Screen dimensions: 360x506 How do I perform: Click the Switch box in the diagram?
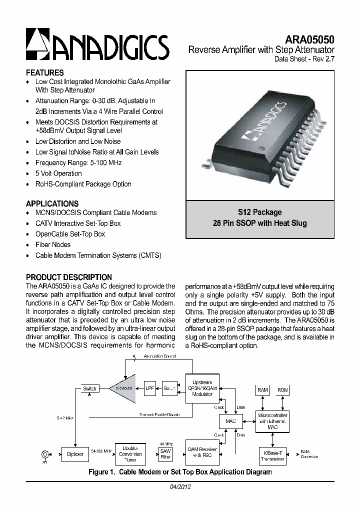(90, 388)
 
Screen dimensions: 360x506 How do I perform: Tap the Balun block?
(170, 388)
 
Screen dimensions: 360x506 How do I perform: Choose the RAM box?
(262, 390)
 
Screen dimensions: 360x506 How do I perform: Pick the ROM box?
(282, 390)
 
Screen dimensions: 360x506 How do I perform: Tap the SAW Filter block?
(165, 454)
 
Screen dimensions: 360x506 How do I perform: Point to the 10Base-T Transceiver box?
(273, 454)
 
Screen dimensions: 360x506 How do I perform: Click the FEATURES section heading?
(45, 72)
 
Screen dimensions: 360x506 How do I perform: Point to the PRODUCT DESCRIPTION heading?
(69, 277)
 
